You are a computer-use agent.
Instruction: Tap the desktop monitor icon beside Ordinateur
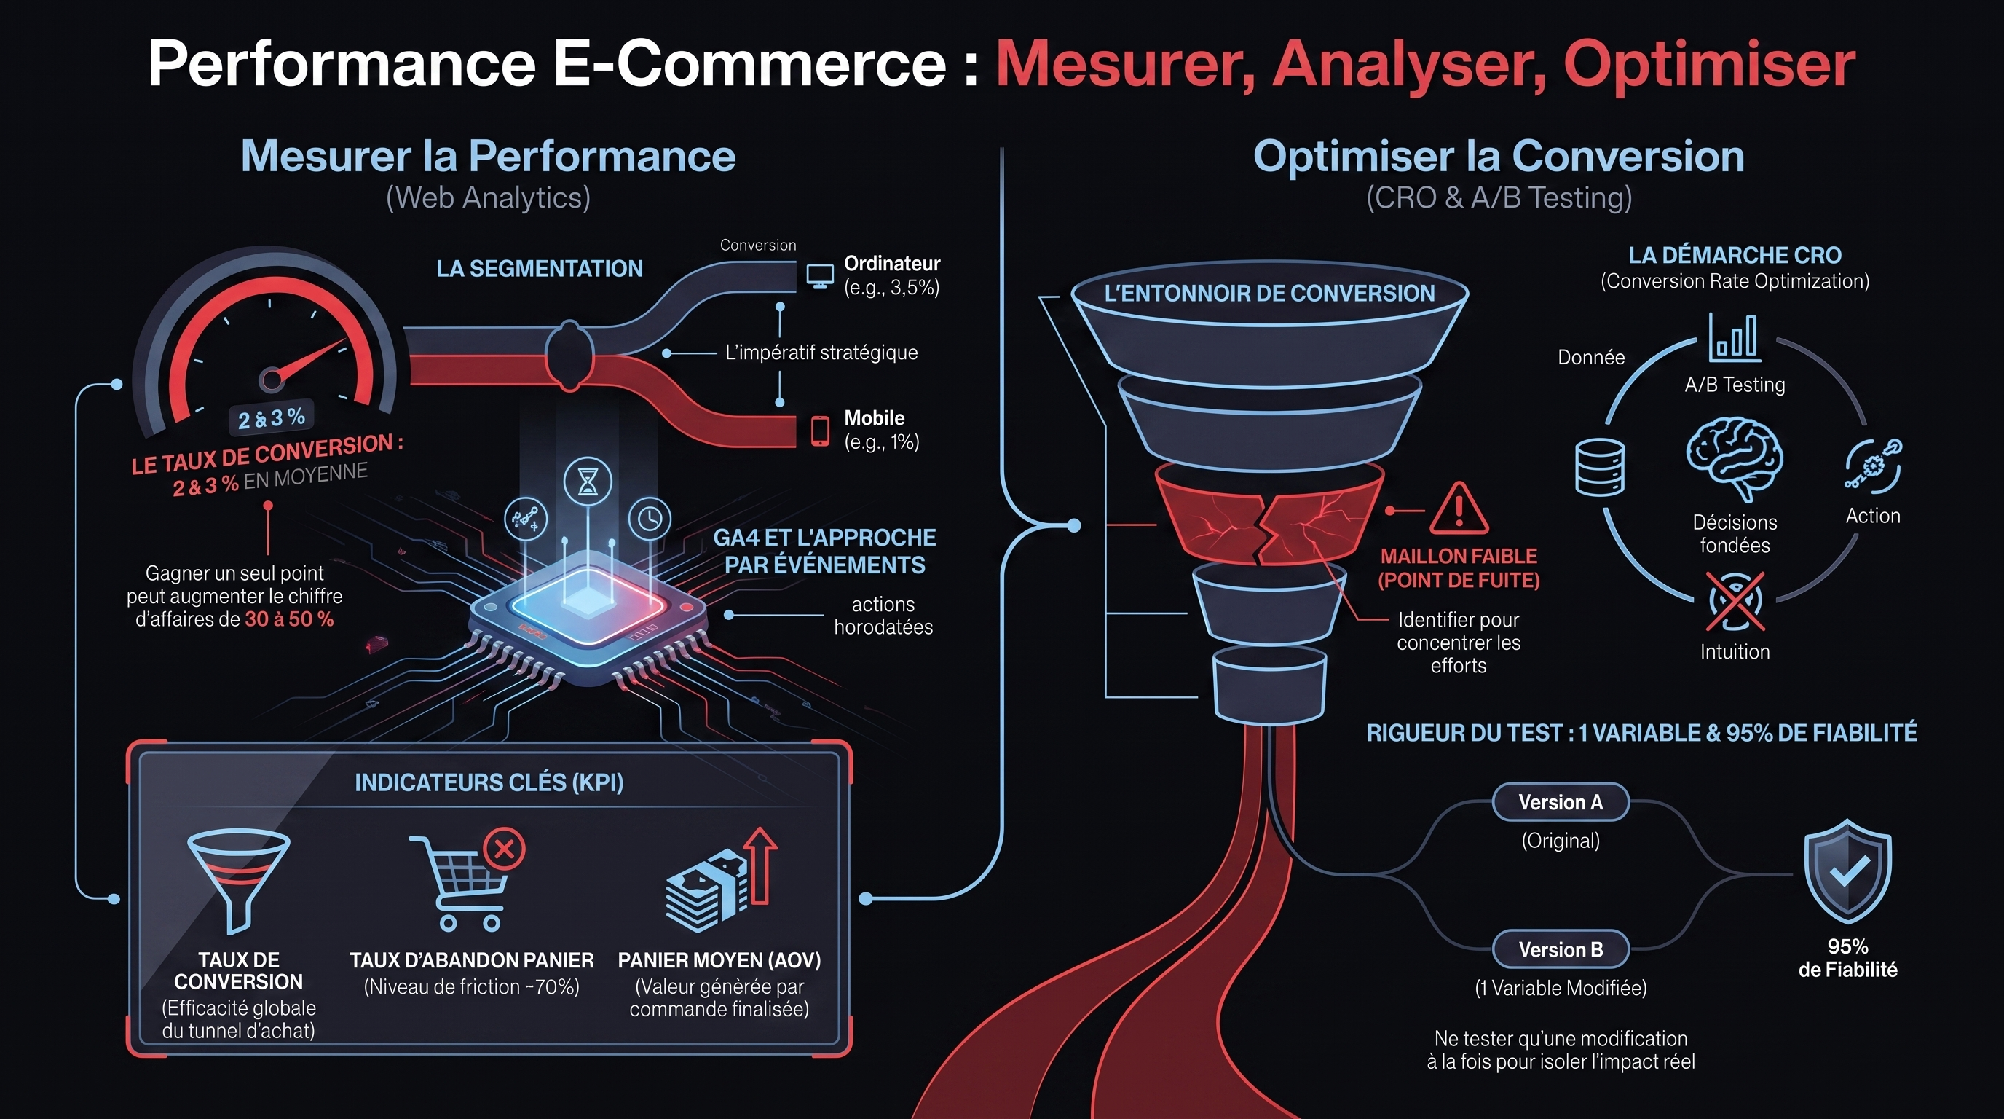[x=820, y=276]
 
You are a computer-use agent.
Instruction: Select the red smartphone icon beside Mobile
[x=820, y=431]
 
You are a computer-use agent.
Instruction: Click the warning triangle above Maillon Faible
[x=1459, y=509]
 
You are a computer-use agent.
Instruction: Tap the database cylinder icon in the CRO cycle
[x=1599, y=467]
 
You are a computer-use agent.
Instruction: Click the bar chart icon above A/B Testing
[x=1734, y=338]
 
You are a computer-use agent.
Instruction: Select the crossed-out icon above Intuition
[x=1735, y=602]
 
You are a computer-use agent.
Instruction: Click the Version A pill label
[x=1561, y=802]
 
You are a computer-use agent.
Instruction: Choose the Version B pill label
[x=1561, y=949]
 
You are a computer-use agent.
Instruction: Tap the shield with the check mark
[x=1847, y=871]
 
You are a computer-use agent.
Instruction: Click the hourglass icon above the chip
[x=588, y=482]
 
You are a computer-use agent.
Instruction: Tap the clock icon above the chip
[x=650, y=518]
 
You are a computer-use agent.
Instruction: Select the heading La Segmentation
[x=540, y=269]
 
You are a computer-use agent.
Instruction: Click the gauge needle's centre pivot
[x=271, y=380]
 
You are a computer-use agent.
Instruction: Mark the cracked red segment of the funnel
[x=1268, y=514]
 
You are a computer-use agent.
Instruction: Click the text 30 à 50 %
[x=289, y=619]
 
